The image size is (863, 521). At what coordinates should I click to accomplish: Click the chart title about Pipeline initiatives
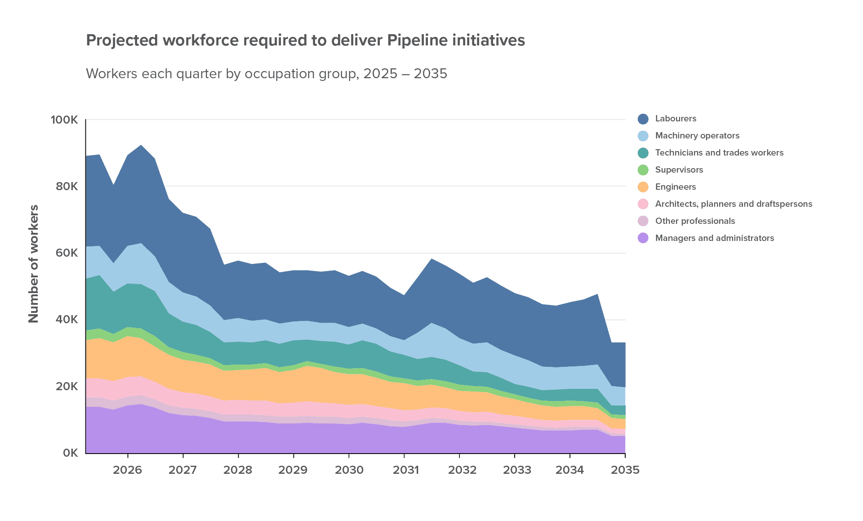(x=305, y=40)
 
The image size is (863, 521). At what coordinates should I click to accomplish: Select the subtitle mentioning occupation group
(x=266, y=74)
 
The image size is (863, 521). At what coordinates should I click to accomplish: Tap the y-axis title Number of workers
(x=34, y=264)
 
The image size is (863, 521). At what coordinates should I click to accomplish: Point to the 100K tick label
(x=64, y=120)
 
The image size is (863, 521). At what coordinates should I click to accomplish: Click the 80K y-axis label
(x=67, y=186)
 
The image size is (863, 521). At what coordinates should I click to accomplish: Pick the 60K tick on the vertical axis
(x=67, y=253)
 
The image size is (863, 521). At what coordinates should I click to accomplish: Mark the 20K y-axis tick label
(x=67, y=386)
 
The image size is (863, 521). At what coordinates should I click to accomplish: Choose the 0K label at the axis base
(x=70, y=453)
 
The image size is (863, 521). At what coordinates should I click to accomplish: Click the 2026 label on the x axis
(x=128, y=470)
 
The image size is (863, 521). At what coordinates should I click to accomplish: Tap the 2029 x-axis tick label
(x=293, y=470)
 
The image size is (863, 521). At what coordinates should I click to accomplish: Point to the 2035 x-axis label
(x=625, y=470)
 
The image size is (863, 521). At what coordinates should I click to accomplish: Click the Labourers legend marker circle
(x=643, y=119)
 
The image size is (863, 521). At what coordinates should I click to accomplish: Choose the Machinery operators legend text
(x=697, y=136)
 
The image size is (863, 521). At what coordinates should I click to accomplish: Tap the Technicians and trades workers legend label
(x=719, y=153)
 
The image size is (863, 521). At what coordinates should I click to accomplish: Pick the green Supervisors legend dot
(x=643, y=170)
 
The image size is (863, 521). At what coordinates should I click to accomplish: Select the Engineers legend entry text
(x=676, y=187)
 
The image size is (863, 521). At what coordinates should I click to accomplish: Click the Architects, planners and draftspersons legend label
(x=734, y=204)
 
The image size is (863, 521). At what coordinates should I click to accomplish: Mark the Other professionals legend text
(x=695, y=221)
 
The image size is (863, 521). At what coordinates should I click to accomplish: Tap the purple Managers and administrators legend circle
(x=643, y=238)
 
